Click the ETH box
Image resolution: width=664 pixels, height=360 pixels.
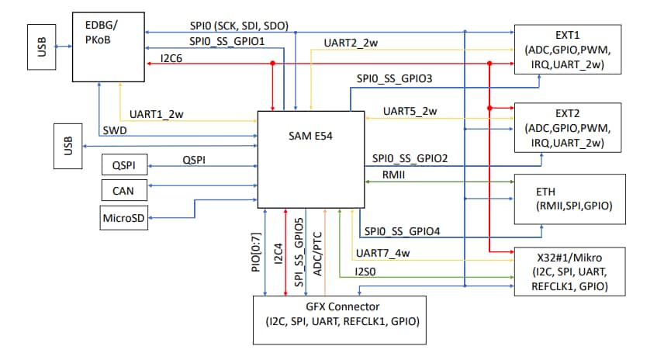point(568,198)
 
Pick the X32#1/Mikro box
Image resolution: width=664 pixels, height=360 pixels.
point(568,272)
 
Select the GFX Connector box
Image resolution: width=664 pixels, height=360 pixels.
point(339,320)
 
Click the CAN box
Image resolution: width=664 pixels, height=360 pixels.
point(123,189)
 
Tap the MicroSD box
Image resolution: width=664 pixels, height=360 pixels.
point(123,218)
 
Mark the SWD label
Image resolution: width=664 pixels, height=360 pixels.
point(115,130)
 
